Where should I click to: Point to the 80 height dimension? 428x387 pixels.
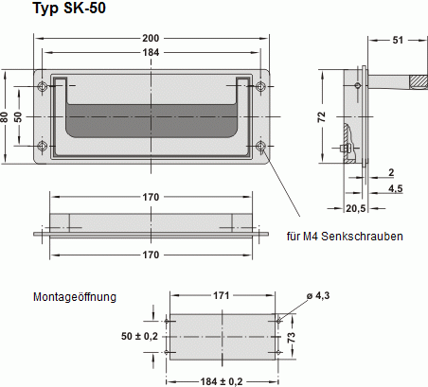click(5, 116)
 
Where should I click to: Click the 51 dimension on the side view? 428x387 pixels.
click(397, 39)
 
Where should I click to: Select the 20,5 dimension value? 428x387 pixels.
click(356, 207)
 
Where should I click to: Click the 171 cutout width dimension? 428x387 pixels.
click(221, 296)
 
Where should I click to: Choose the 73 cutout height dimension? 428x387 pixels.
click(293, 336)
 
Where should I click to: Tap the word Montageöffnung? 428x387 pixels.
click(75, 296)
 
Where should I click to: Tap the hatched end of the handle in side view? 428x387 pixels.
click(416, 83)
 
